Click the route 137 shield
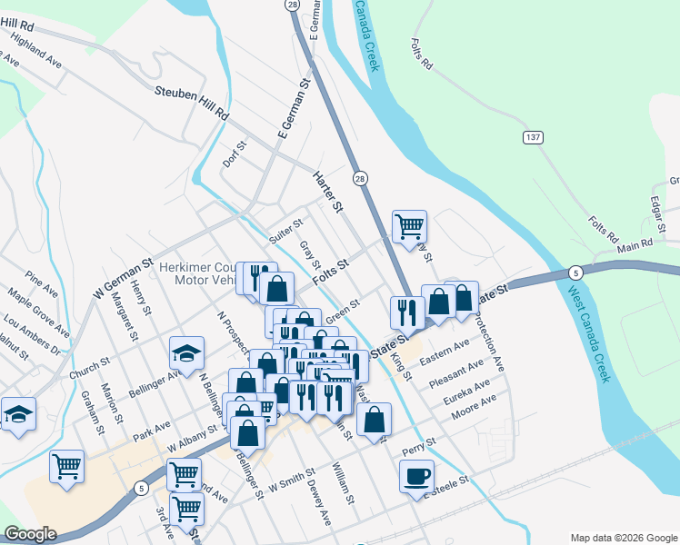coord(534,137)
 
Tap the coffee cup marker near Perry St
coord(416,476)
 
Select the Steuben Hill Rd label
coord(192,102)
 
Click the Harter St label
coord(327,194)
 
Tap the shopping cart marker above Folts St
coord(409,226)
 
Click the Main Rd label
coord(635,245)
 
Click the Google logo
coord(30,534)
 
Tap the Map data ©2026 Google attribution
coord(622,538)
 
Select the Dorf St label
coord(235,154)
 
